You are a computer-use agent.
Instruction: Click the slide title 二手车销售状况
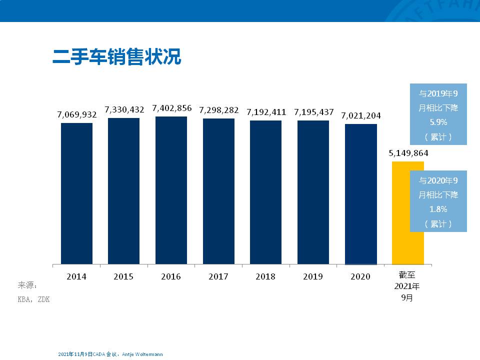[116, 56]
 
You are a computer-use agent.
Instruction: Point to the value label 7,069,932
[77, 115]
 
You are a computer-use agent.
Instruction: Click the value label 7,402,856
[171, 108]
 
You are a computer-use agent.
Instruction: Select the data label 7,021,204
[361, 115]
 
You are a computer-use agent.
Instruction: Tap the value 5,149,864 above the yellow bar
[408, 153]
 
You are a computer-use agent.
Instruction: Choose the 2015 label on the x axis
[123, 276]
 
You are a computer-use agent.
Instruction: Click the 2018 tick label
[265, 276]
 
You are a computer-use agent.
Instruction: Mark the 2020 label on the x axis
[360, 276]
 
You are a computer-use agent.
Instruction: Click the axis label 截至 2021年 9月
[407, 286]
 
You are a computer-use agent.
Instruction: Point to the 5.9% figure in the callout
[438, 122]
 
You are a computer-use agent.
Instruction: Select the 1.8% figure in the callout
[438, 209]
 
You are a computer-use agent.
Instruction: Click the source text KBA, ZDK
[34, 299]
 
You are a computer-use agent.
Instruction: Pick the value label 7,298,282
[219, 110]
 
